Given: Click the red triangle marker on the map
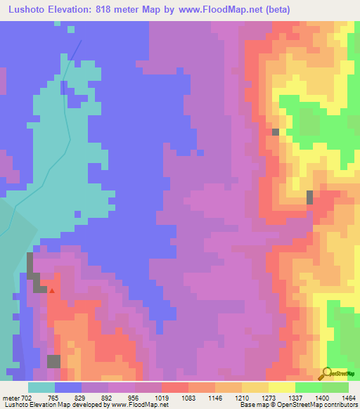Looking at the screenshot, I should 51,290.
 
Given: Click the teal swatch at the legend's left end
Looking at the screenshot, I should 41,387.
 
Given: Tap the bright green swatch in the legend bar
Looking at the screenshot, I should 308,387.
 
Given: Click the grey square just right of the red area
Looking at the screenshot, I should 309,197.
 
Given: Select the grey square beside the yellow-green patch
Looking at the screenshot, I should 276,131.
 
